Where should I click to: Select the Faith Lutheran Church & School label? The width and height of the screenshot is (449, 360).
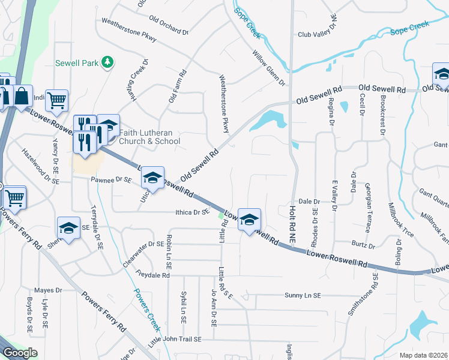tap(149, 137)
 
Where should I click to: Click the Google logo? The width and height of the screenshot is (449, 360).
tap(20, 353)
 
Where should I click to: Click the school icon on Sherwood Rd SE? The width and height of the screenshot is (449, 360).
tap(68, 228)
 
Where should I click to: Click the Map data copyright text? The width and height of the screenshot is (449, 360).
tap(423, 355)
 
